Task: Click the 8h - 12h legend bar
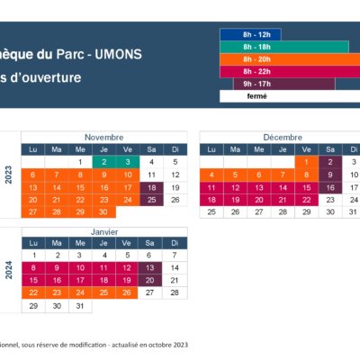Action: point(250,34)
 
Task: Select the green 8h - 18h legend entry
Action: point(284,47)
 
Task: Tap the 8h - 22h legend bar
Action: point(290,72)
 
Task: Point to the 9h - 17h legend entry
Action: point(284,84)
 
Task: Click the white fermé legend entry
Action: point(290,96)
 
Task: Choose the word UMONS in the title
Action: point(118,54)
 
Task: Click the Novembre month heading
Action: point(104,138)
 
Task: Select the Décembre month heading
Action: point(283,138)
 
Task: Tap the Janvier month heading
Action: point(104,232)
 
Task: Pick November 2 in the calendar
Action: point(104,162)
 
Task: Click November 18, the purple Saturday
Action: point(151,188)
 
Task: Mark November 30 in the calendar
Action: point(104,212)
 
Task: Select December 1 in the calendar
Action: point(306,162)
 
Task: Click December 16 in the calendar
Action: point(330,188)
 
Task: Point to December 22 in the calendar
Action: point(306,200)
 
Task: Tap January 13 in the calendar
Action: point(149,268)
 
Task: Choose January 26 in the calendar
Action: point(127,292)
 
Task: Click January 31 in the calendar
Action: point(80,306)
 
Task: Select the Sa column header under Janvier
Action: point(149,243)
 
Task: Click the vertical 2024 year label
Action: point(9,270)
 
